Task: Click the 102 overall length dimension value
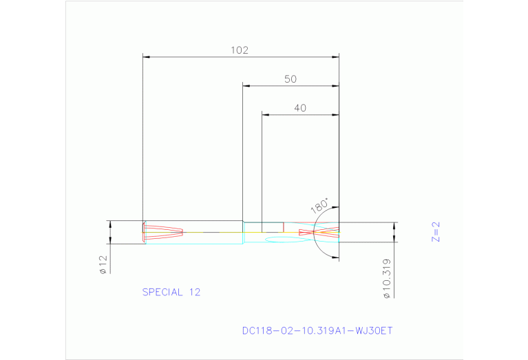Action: [239, 50]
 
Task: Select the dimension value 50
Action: [290, 79]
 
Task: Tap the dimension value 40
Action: [299, 107]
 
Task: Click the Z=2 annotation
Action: [435, 233]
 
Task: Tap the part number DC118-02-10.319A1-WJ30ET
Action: [317, 330]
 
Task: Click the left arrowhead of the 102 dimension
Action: [145, 57]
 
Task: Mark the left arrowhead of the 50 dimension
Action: [246, 86]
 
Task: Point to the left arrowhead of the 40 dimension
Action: [265, 114]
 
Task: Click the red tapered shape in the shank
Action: [165, 232]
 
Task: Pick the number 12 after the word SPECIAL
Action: [193, 292]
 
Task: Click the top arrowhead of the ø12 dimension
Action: [110, 224]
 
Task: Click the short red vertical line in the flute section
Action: [283, 227]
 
